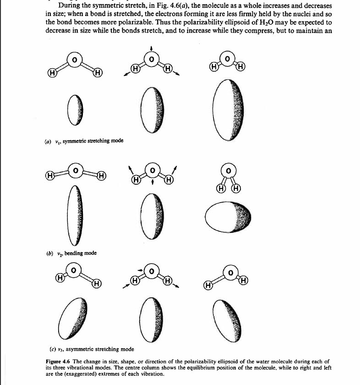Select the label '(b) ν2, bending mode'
(73, 253)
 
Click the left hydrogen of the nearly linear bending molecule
(49, 175)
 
